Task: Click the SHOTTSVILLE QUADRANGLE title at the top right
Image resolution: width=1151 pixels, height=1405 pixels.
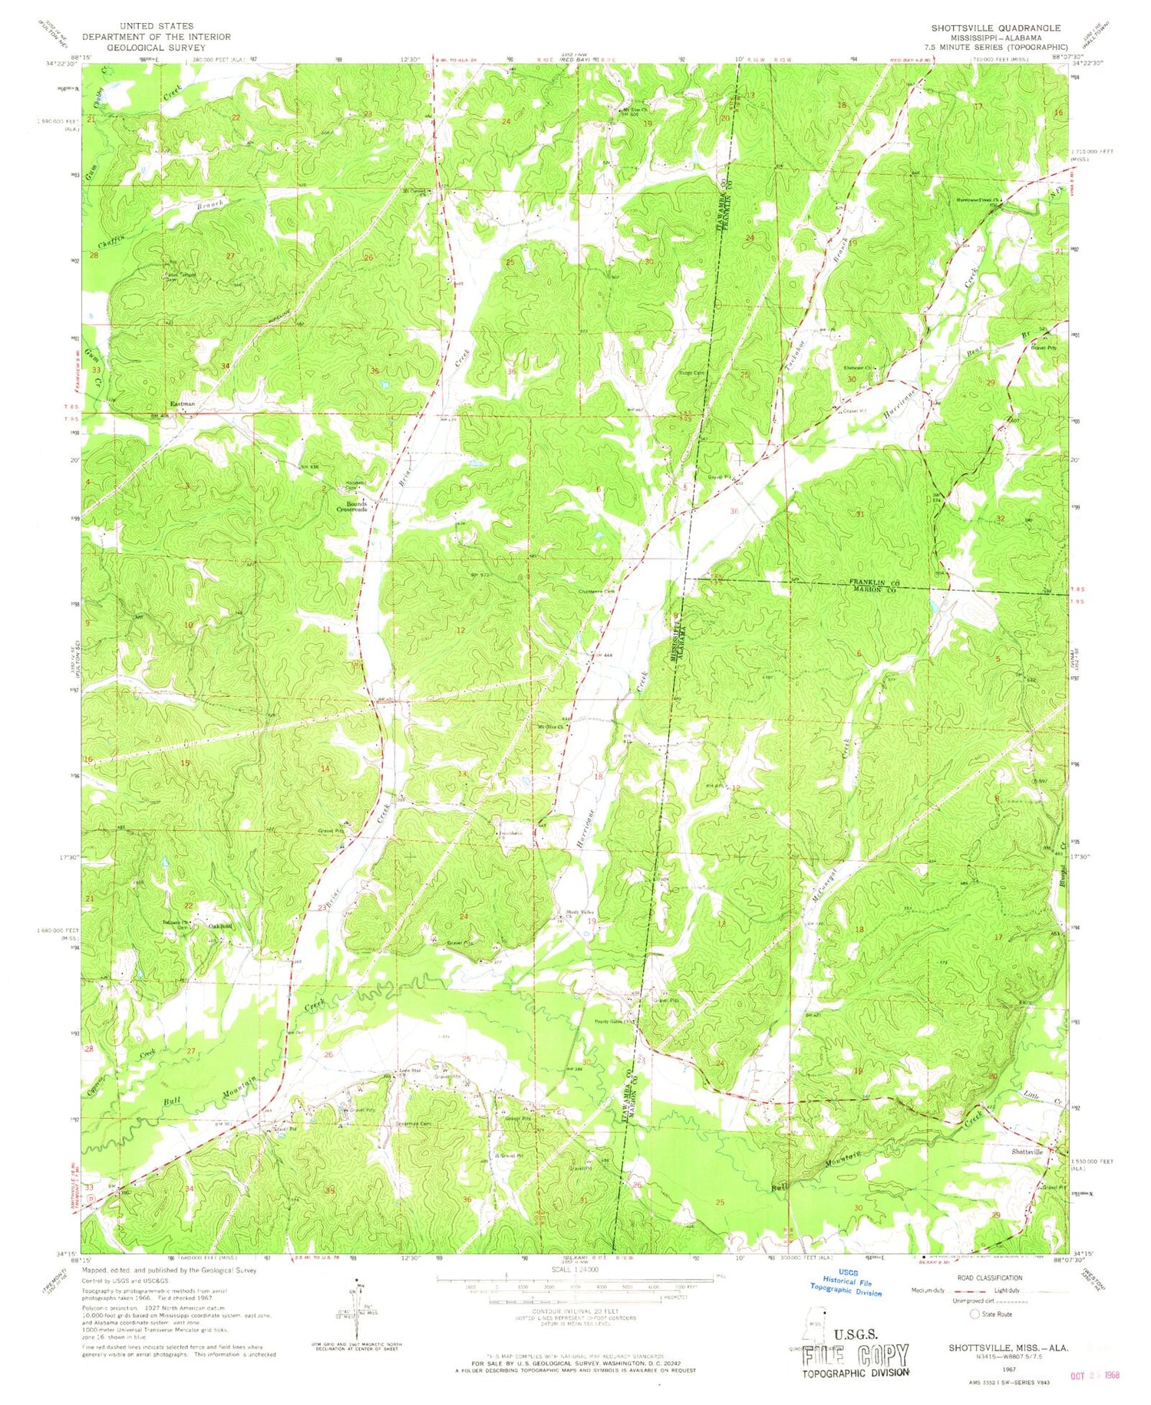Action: pyautogui.click(x=995, y=28)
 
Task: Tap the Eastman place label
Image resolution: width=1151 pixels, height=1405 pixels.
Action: pyautogui.click(x=182, y=404)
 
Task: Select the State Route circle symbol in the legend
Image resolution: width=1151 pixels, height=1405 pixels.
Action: pyautogui.click(x=975, y=1314)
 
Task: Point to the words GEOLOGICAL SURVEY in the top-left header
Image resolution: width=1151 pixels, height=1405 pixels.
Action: pyautogui.click(x=139, y=47)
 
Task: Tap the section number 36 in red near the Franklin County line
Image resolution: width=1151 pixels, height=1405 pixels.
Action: pyautogui.click(x=734, y=511)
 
